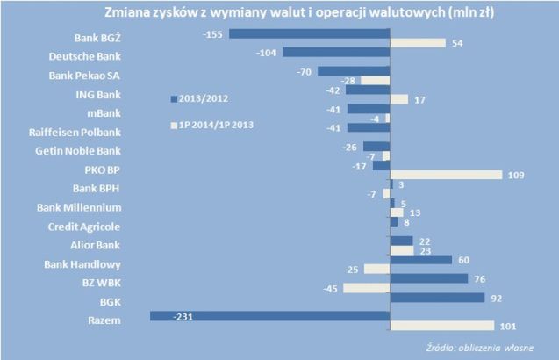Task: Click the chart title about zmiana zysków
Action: pos(279,13)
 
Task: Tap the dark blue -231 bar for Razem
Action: pos(269,316)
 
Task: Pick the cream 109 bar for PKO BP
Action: pos(446,175)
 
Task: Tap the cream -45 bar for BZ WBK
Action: pos(366,288)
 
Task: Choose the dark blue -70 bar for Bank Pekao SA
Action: pos(353,71)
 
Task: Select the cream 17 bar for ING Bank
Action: pos(398,99)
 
